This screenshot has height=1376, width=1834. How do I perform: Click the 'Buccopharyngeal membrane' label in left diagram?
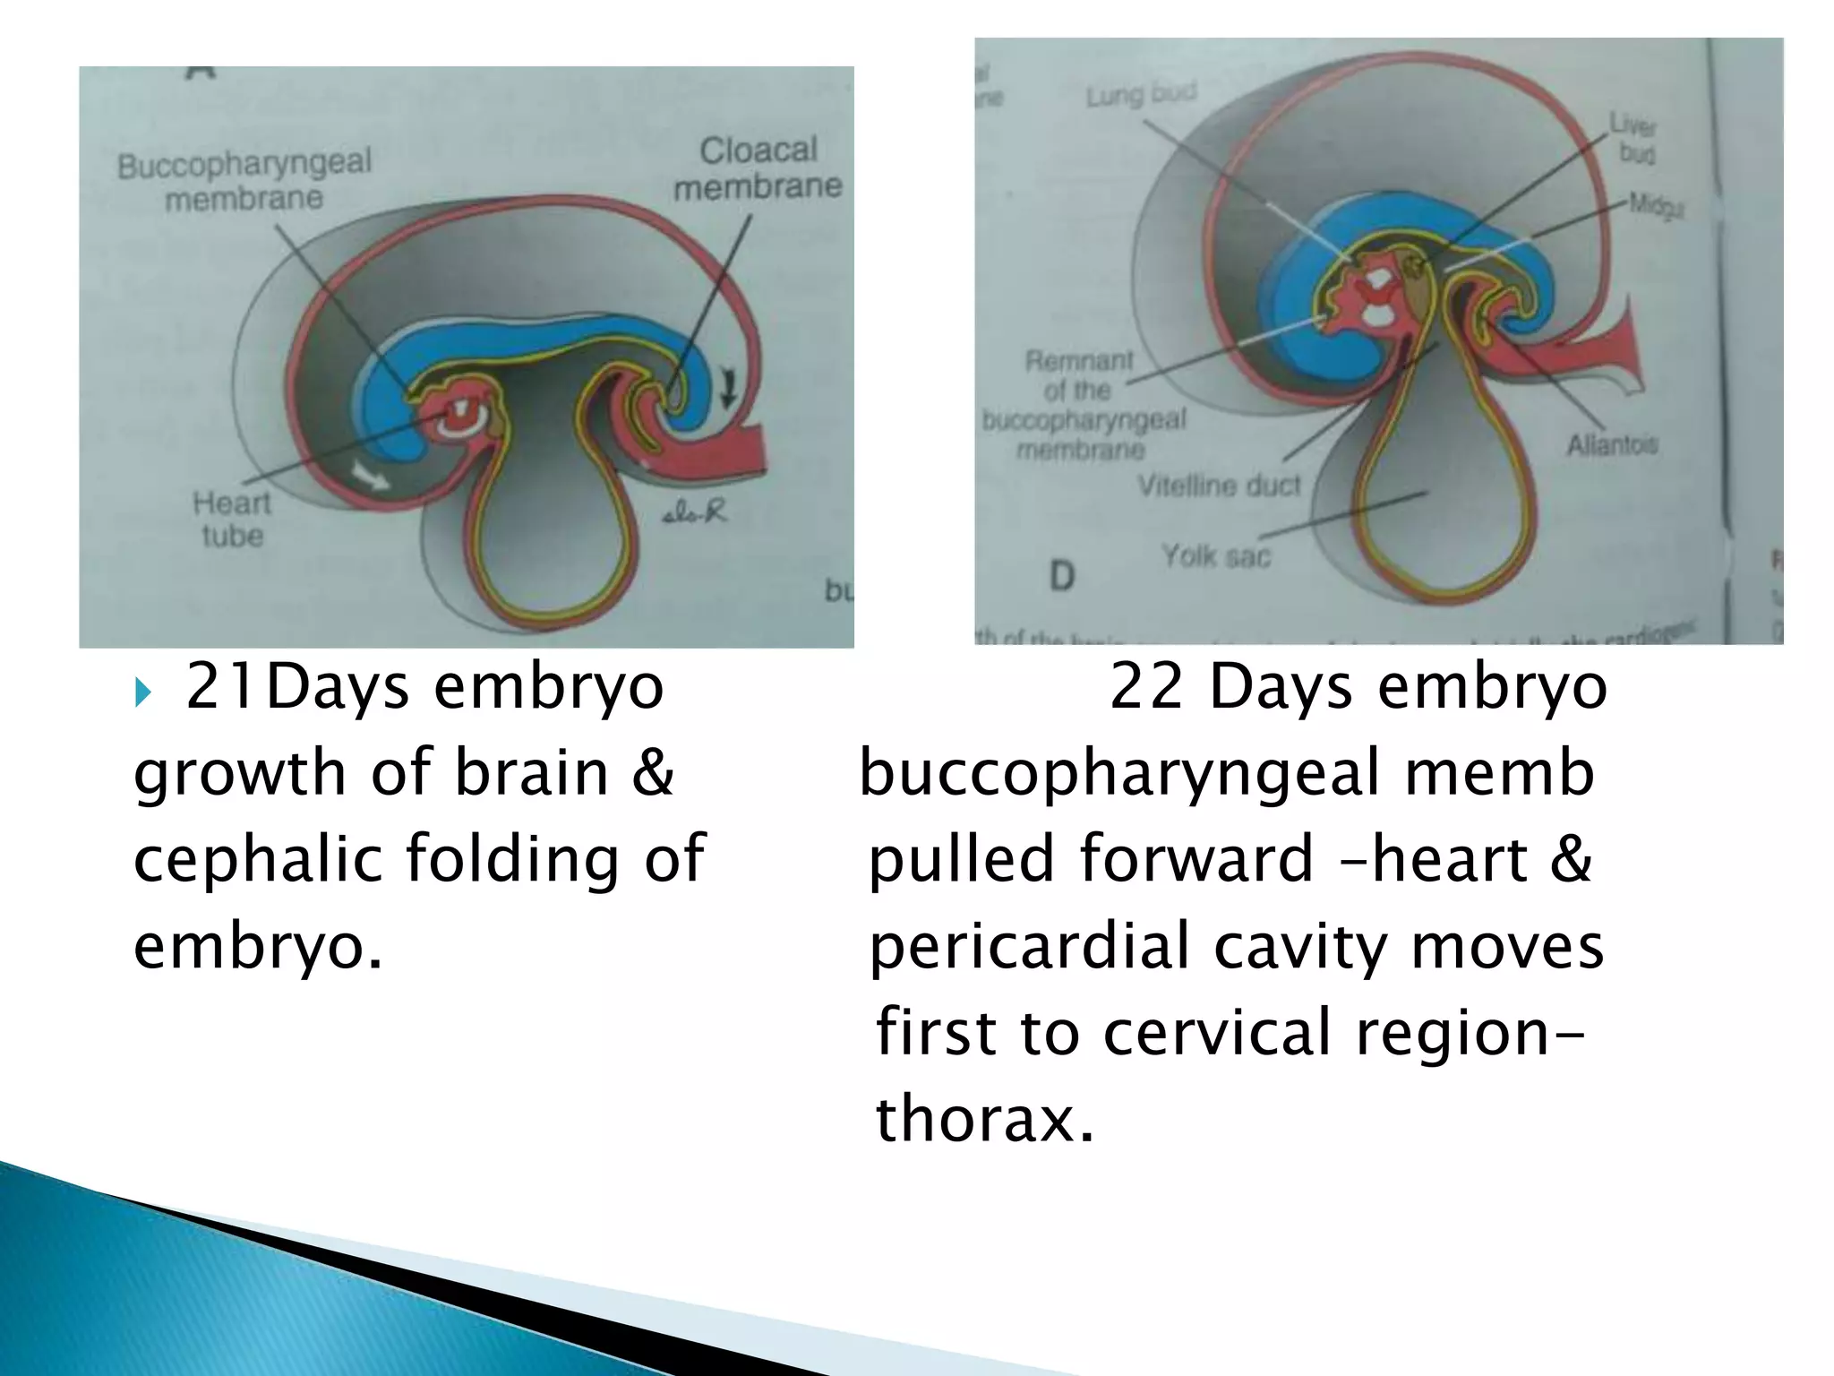tap(244, 180)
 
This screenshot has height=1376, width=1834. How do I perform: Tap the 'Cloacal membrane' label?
tap(758, 168)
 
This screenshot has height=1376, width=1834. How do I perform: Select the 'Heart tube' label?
tap(231, 520)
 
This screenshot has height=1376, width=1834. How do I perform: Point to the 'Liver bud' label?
tap(1634, 138)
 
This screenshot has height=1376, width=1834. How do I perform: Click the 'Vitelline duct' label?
tap(1218, 486)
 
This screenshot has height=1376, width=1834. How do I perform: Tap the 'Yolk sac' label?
tap(1215, 556)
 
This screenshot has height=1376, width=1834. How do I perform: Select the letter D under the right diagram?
tap(1061, 576)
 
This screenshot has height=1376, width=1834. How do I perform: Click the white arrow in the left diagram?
tap(369, 475)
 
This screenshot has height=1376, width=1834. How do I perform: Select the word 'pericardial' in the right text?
tap(1030, 946)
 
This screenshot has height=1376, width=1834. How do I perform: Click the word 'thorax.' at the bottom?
tap(984, 1119)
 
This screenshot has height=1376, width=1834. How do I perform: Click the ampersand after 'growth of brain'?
tap(652, 772)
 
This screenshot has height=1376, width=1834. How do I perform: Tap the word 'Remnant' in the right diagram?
tap(1079, 361)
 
